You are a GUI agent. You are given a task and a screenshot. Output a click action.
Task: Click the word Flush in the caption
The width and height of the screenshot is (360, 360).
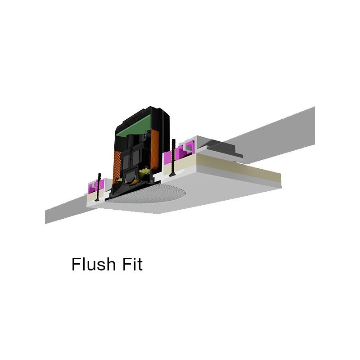pyautogui.click(x=94, y=264)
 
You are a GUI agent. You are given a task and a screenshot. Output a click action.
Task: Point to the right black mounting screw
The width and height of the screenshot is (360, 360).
pyautogui.click(x=173, y=158)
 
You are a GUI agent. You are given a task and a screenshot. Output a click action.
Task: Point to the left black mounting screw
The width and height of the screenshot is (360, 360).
pyautogui.click(x=99, y=187)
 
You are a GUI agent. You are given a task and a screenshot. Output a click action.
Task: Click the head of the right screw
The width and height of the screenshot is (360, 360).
pyautogui.click(x=173, y=175)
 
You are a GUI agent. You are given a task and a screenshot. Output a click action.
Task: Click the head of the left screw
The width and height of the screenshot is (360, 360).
pyautogui.click(x=98, y=200)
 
